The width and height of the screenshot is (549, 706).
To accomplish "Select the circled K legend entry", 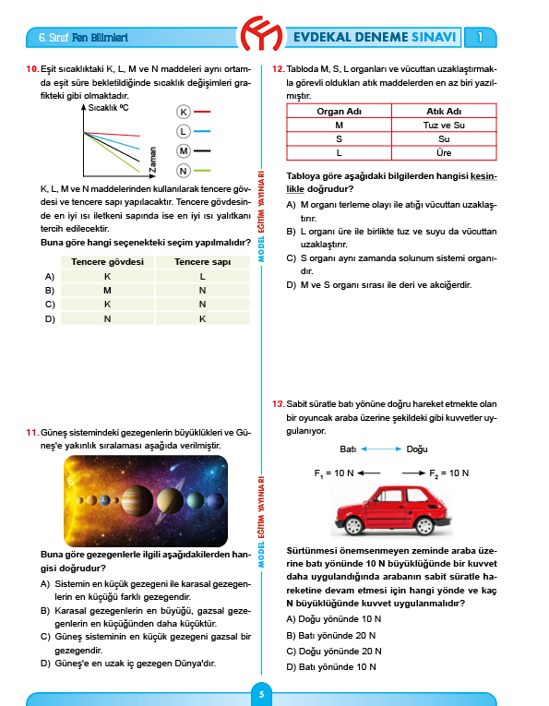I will (184, 112).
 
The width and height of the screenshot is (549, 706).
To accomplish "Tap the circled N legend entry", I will (184, 171).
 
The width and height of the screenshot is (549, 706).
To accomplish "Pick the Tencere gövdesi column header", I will (107, 262).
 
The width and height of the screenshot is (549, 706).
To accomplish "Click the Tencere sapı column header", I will (202, 262).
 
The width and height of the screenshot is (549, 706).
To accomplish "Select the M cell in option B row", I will (107, 290).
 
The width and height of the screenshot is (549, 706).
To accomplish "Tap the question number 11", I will (31, 432).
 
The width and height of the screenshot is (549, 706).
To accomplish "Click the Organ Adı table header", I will (339, 111).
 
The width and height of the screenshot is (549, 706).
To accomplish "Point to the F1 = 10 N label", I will (335, 473).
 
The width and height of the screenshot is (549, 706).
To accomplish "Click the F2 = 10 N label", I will (449, 473).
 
